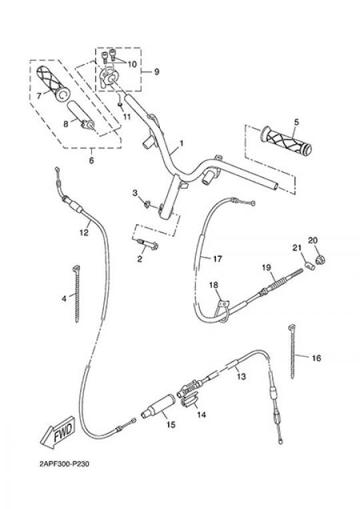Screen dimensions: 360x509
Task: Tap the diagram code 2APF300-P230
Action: click(64, 464)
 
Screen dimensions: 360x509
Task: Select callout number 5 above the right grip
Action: click(297, 122)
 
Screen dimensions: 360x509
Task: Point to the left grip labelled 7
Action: click(52, 83)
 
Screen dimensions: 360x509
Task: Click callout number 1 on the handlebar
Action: click(181, 143)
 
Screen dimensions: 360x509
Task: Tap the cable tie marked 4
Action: click(77, 294)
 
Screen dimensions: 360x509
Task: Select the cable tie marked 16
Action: click(292, 351)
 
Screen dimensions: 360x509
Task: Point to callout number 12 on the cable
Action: click(84, 232)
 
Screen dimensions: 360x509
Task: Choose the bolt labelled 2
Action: click(147, 243)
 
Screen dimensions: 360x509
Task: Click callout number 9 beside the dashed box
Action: click(157, 71)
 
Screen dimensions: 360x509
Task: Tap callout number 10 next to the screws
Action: click(132, 64)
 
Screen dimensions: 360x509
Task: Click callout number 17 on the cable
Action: click(217, 259)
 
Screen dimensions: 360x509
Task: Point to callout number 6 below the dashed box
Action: click(91, 160)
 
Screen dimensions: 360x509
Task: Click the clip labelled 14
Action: click(191, 401)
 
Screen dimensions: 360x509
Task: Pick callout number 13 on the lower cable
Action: click(241, 376)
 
